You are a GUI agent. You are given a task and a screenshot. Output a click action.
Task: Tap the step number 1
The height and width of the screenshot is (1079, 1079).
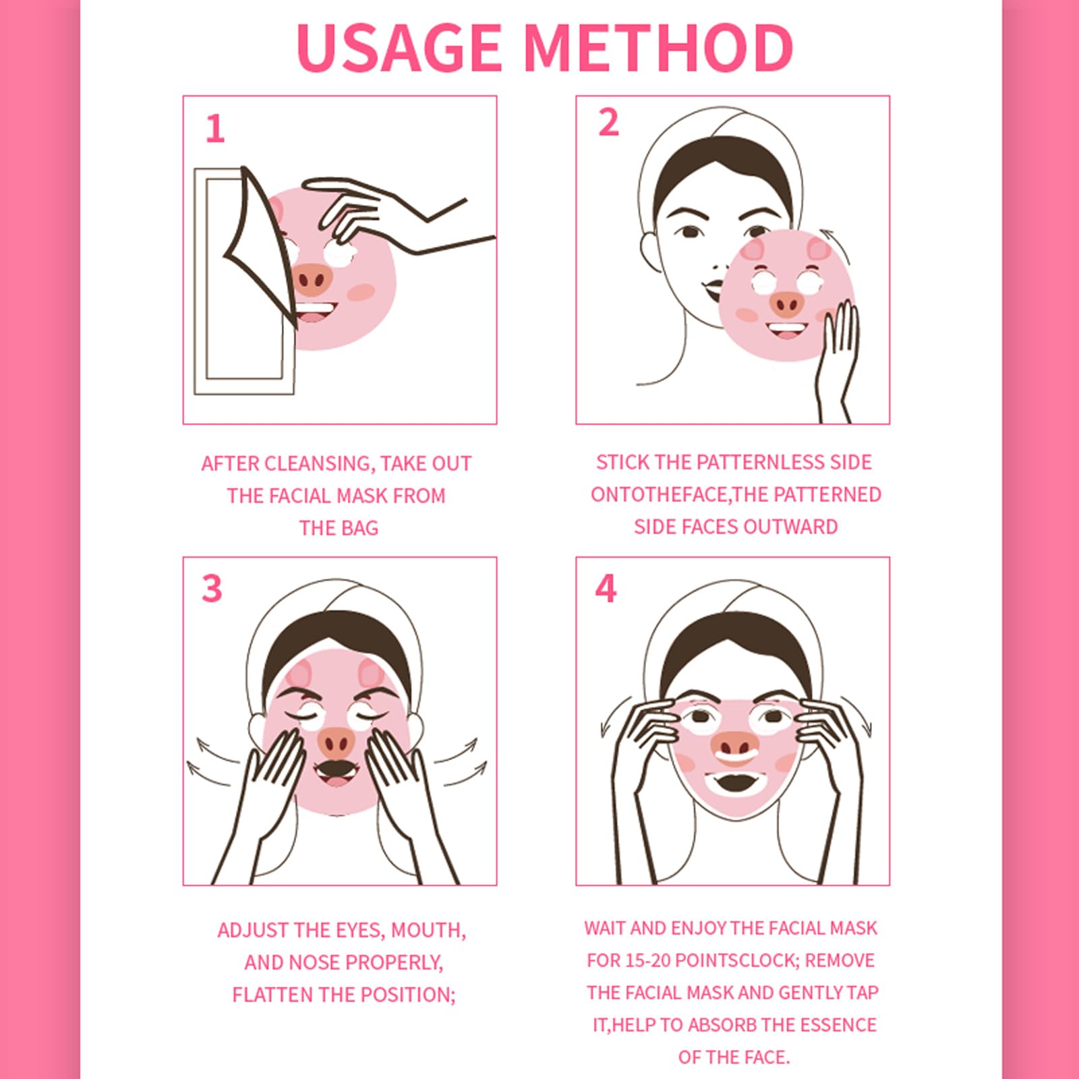[x=215, y=129]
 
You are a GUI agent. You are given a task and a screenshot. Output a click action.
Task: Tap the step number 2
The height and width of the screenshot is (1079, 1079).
[x=608, y=122]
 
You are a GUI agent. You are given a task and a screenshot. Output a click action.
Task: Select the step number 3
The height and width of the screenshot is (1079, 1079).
[x=212, y=588]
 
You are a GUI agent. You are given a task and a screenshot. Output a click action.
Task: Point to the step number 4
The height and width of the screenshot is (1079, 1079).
[x=606, y=588]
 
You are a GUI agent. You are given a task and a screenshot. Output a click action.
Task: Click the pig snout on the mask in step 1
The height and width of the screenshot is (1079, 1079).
[x=311, y=279]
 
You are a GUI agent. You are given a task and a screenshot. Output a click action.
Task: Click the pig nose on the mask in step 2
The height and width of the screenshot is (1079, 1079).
[x=787, y=305]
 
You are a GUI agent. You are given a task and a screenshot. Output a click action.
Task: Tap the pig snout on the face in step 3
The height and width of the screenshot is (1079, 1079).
[x=336, y=742]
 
